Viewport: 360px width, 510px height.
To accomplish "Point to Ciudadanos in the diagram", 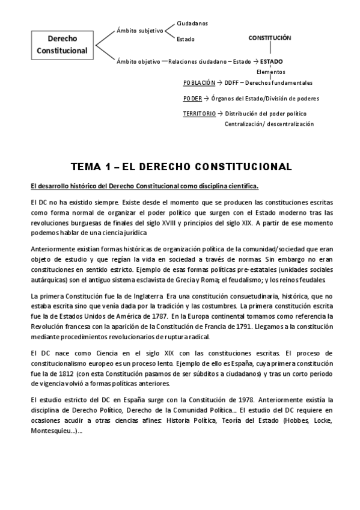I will pos(192,23).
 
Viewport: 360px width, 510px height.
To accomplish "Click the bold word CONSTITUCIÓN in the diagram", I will pos(270,37).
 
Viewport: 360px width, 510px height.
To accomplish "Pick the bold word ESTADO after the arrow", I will pos(272,61).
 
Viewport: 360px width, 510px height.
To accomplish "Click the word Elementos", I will pos(270,72).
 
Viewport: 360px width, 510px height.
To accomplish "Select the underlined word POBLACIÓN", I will pos(199,83).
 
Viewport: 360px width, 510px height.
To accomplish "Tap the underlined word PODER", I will pos(192,98).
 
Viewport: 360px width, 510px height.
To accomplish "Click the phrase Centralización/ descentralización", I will pos(269,124).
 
